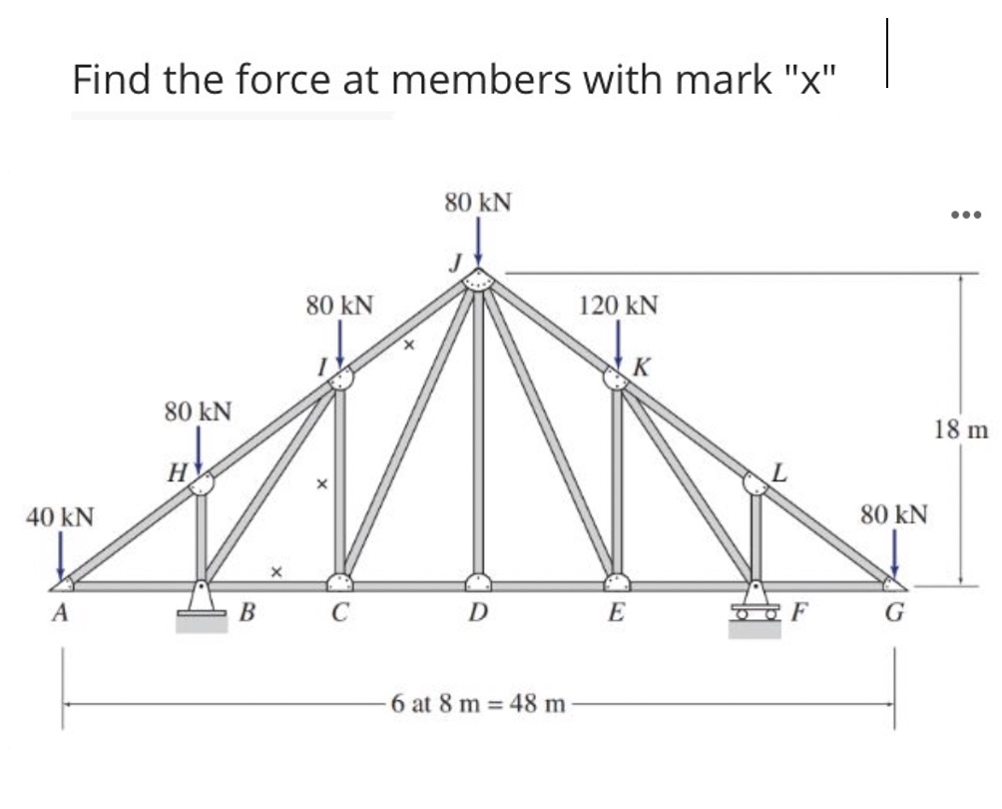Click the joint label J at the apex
click(x=455, y=264)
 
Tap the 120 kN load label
click(x=618, y=305)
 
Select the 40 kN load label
click(x=61, y=517)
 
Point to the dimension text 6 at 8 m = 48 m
click(x=479, y=704)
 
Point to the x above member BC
click(x=276, y=573)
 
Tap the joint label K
click(x=643, y=367)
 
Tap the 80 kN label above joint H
click(x=198, y=410)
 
